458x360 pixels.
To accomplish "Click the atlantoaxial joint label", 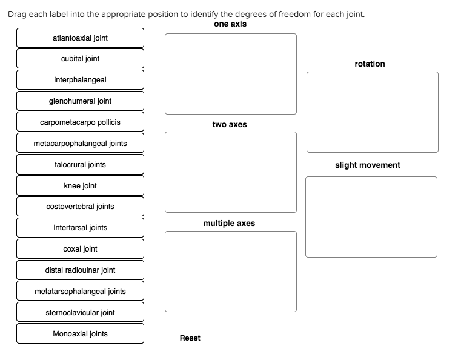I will (x=80, y=38).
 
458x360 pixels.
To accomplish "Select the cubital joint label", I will (x=80, y=59).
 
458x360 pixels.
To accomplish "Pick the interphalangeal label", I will (x=80, y=80).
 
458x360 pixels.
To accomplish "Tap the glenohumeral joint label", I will (x=80, y=101).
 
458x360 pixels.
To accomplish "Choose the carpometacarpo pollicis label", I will (x=80, y=122).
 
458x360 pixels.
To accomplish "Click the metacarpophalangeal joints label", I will (x=80, y=144).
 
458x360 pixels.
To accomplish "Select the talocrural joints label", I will (x=80, y=165).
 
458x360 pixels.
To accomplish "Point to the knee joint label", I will (x=80, y=186).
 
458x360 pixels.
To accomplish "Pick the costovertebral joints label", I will (x=80, y=207).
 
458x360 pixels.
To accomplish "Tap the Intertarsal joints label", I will (x=80, y=228).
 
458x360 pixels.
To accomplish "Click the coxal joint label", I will (x=80, y=249).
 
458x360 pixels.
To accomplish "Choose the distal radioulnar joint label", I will (x=80, y=270).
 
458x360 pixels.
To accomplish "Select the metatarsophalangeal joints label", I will (x=80, y=292).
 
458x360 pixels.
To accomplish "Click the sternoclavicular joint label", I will (x=80, y=313).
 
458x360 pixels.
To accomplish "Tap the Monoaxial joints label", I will (x=80, y=334).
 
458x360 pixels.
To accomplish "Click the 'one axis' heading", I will (x=230, y=24).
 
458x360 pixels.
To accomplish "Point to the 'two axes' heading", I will (x=230, y=124).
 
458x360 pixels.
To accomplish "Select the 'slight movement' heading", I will (x=368, y=165).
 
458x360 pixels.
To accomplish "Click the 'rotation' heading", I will (x=370, y=64).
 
